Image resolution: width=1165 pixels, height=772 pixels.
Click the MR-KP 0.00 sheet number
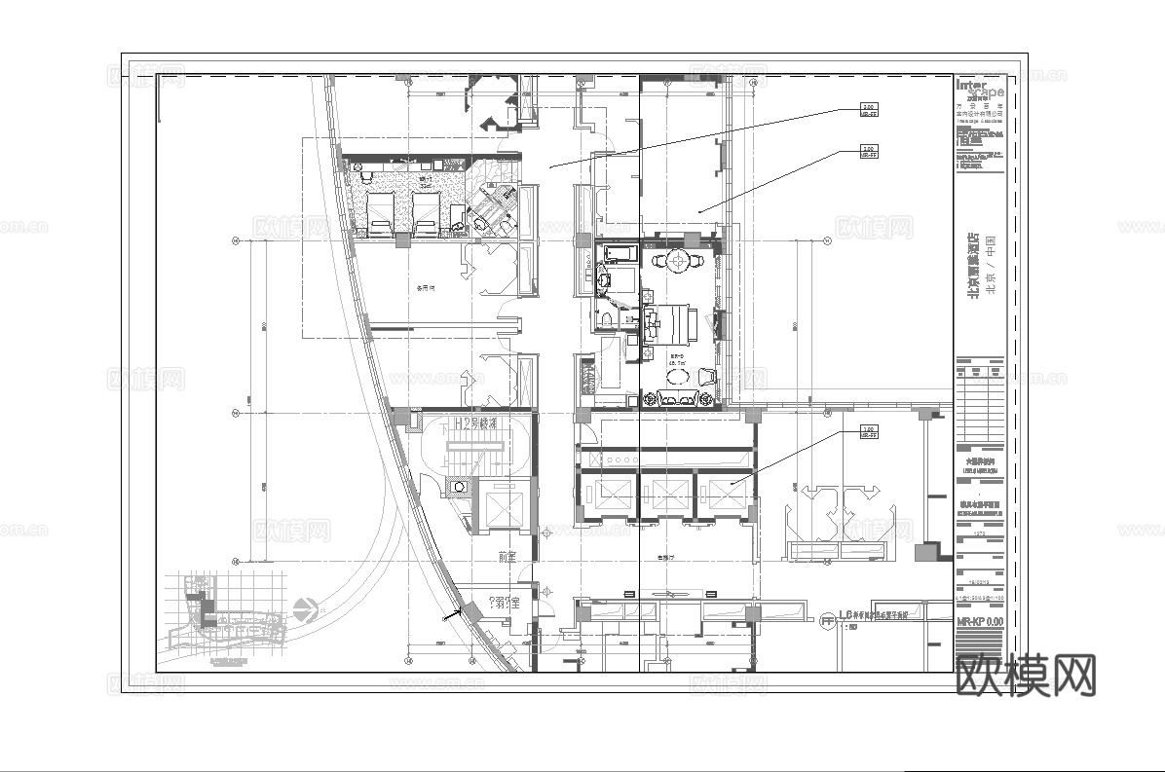(979, 620)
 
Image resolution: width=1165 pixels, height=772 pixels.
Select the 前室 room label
(506, 557)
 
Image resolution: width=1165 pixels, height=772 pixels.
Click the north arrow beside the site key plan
(305, 609)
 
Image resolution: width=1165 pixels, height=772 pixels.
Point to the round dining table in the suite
(677, 260)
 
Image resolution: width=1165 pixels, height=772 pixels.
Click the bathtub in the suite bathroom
(620, 255)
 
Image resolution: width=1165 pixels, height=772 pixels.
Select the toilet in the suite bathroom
(605, 317)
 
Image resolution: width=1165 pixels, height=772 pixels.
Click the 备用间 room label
(425, 288)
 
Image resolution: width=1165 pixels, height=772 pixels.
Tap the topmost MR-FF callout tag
(869, 109)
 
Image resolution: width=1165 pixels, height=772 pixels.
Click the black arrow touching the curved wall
(451, 614)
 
